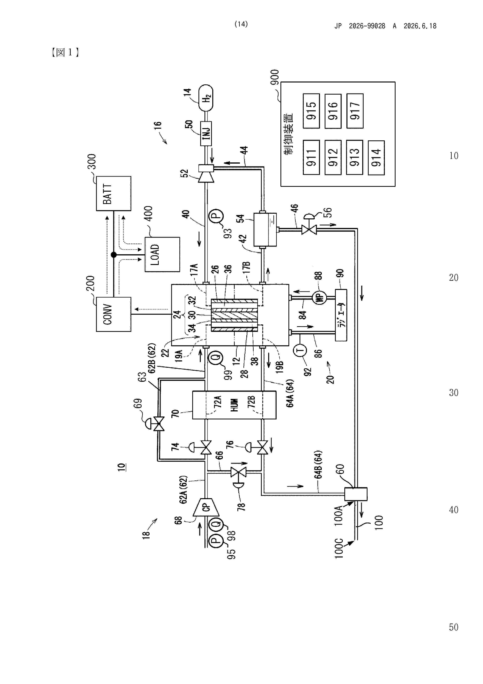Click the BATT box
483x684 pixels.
(113, 193)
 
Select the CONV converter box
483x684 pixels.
(113, 314)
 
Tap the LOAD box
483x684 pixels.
(162, 254)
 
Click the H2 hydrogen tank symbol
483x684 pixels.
(206, 98)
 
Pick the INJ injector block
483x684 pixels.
(206, 133)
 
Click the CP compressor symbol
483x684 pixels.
(206, 507)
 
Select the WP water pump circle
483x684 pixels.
(319, 297)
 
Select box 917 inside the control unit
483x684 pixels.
(355, 111)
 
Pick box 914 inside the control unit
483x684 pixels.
(376, 158)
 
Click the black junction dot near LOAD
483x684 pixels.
(113, 255)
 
